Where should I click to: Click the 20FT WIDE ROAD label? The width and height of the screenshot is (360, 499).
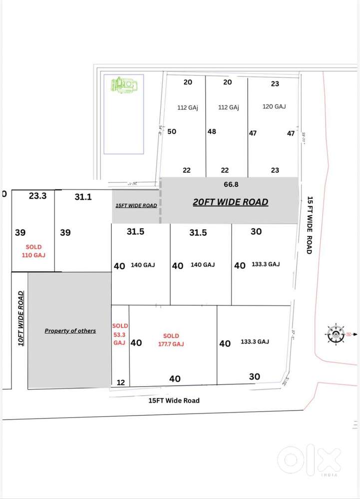pyautogui.click(x=231, y=202)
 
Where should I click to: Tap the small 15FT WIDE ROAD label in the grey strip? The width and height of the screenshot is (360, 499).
pyautogui.click(x=136, y=205)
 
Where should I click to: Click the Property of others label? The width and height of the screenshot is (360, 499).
pyautogui.click(x=70, y=331)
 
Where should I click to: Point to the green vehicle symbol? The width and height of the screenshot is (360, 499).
pyautogui.click(x=123, y=85)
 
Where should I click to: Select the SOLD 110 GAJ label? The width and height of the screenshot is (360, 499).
pyautogui.click(x=34, y=251)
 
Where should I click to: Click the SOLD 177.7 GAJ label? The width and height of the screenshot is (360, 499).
pyautogui.click(x=171, y=340)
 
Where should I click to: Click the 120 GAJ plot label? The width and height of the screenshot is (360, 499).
pyautogui.click(x=274, y=106)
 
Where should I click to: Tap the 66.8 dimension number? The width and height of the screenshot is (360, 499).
pyautogui.click(x=231, y=184)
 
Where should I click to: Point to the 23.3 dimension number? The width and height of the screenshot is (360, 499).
pyautogui.click(x=37, y=196)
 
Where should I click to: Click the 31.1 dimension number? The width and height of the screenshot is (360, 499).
pyautogui.click(x=83, y=197)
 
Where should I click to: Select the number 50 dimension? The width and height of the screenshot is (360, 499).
pyautogui.click(x=172, y=132)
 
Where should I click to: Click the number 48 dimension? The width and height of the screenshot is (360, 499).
pyautogui.click(x=212, y=132)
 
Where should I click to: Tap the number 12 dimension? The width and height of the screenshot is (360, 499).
pyautogui.click(x=120, y=382)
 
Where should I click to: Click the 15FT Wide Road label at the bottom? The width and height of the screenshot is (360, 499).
pyautogui.click(x=174, y=401)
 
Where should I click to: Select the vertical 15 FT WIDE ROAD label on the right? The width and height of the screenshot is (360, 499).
pyautogui.click(x=310, y=225)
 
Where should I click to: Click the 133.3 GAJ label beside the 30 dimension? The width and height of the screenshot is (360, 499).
pyautogui.click(x=267, y=264)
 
